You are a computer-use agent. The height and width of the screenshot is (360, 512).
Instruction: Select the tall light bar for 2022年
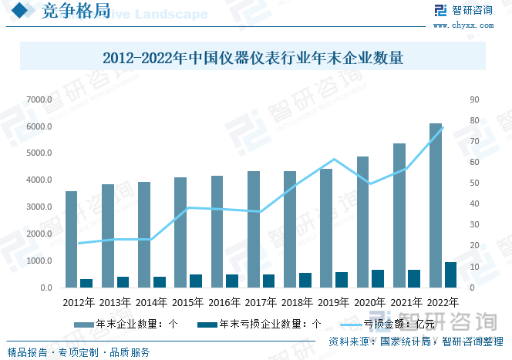436,205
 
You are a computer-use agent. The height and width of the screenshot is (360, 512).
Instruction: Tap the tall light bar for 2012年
71,239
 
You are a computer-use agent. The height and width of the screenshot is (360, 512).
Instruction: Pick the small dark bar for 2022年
450,274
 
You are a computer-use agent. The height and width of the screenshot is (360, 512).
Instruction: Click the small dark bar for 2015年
196,281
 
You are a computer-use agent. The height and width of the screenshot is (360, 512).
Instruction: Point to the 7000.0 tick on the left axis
39,99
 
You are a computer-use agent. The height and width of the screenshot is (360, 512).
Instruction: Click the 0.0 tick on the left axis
44,288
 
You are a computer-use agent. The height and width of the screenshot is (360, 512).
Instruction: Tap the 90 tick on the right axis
474,99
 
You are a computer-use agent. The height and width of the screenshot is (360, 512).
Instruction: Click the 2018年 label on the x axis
297,302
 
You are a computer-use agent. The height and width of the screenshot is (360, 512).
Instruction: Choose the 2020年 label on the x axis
370,302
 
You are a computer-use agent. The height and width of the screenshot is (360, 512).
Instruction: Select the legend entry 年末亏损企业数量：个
258,324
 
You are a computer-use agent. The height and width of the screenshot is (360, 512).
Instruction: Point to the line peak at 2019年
334,160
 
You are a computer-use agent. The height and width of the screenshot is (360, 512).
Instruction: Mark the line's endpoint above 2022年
443,127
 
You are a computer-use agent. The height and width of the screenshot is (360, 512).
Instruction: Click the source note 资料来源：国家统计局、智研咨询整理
415,341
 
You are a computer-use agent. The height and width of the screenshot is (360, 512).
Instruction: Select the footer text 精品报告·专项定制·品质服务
79,352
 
